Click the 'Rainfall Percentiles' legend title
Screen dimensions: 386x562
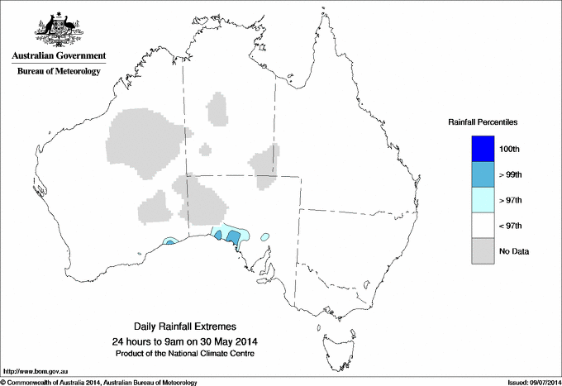click(x=483, y=122)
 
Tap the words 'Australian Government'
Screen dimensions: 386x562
click(x=58, y=56)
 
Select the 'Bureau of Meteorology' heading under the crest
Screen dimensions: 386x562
click(x=58, y=72)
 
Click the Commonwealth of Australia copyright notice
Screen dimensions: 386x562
click(x=99, y=382)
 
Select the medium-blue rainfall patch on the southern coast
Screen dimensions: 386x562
click(x=234, y=238)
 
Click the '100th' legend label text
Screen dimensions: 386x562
click(x=510, y=149)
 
